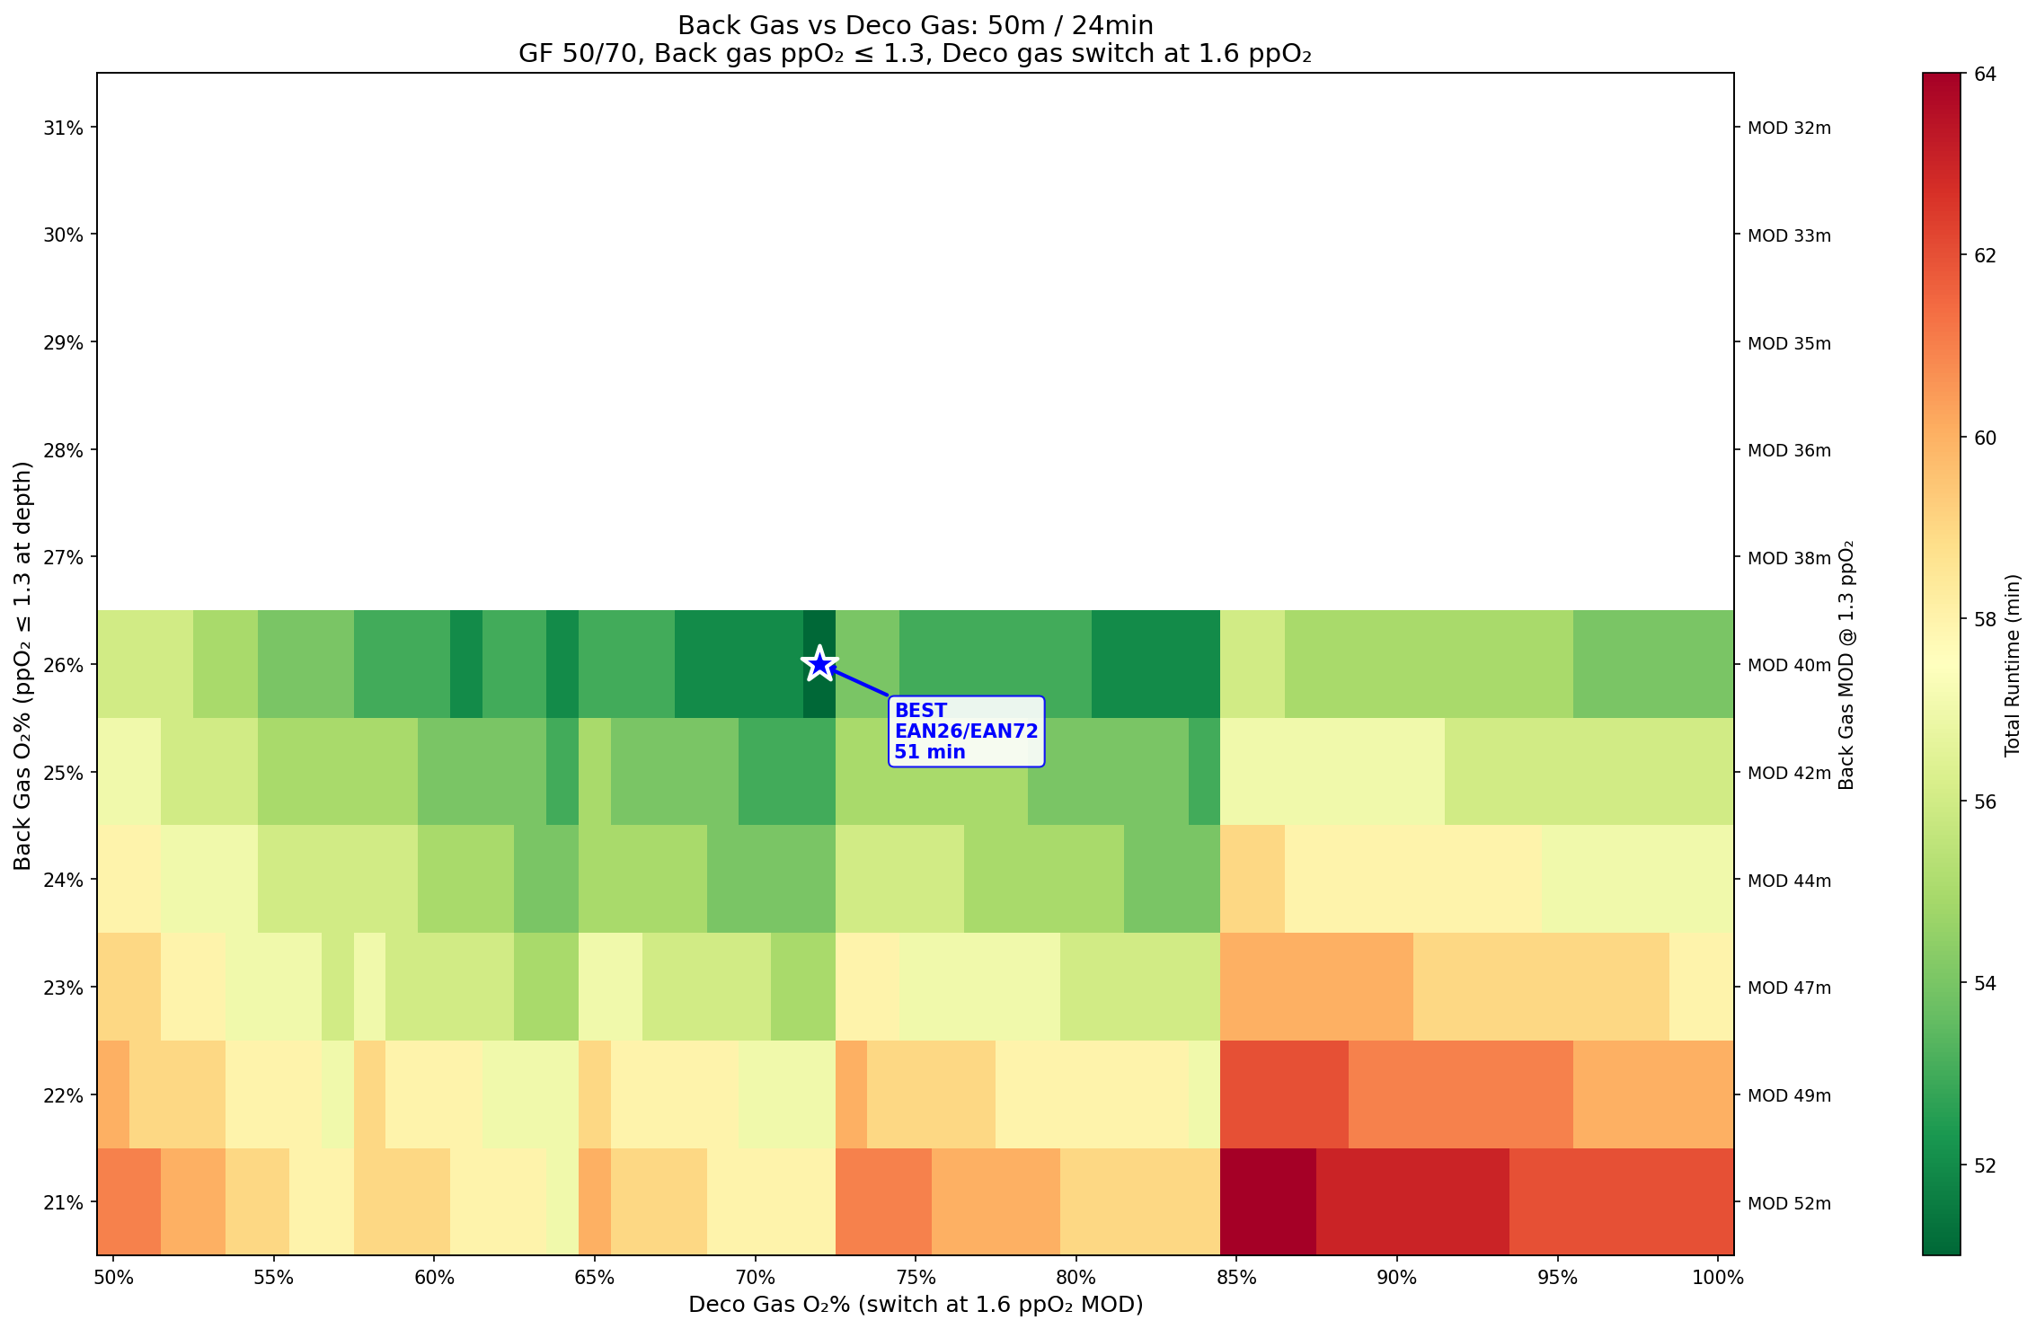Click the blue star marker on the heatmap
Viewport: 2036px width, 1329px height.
tap(819, 664)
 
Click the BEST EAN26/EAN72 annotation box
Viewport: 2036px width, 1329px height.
tap(966, 731)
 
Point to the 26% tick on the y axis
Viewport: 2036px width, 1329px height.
tap(64, 666)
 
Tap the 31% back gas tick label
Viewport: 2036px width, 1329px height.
tap(64, 128)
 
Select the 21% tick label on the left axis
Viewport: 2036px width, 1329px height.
tap(64, 1203)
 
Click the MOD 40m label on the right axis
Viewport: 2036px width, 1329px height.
tap(1788, 666)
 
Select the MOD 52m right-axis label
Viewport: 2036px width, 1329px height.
tap(1788, 1203)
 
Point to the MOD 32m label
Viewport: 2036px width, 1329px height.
tap(1788, 128)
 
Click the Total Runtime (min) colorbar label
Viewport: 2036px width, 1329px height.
tap(2012, 665)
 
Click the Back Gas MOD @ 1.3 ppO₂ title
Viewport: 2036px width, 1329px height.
tap(1846, 665)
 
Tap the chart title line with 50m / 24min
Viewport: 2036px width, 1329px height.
tap(916, 25)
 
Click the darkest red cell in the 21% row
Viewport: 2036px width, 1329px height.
tap(1268, 1201)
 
